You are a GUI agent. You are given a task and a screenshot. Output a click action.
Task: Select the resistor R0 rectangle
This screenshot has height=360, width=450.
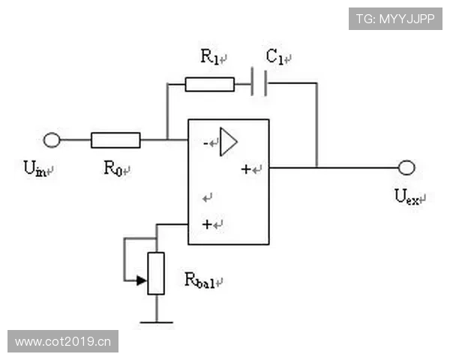[x=115, y=140]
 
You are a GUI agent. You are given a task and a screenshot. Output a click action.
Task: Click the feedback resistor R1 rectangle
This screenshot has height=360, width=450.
[x=210, y=85]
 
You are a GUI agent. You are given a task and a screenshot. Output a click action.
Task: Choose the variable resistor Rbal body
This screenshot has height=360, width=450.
[x=156, y=273]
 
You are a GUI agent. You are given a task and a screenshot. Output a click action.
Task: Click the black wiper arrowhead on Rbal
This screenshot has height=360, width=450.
[x=142, y=280]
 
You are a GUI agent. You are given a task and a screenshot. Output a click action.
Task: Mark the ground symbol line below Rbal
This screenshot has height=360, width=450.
[x=157, y=322]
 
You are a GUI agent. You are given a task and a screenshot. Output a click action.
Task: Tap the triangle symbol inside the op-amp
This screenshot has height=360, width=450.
[x=229, y=142]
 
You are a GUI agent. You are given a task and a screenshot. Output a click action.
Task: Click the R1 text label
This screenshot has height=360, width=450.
[x=210, y=56]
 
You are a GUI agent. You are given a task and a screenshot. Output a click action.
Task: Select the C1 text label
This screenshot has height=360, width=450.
[x=275, y=56]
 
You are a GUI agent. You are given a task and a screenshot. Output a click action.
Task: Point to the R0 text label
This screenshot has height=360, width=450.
[x=113, y=168]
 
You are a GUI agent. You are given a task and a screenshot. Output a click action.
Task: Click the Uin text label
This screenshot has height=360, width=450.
[x=34, y=168]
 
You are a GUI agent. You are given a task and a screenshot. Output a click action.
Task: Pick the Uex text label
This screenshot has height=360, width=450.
[x=406, y=196]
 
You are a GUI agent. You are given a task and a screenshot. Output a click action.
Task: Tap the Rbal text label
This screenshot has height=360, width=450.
[x=199, y=280]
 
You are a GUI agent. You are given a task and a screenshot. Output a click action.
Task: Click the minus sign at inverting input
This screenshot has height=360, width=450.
[x=205, y=143]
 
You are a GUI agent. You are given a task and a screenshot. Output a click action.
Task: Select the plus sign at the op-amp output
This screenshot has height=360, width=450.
[x=246, y=169]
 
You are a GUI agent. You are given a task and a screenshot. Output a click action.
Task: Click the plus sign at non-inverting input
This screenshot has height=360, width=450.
[x=207, y=224]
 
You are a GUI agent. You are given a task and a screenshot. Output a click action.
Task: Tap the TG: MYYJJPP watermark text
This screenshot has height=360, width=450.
[x=395, y=19]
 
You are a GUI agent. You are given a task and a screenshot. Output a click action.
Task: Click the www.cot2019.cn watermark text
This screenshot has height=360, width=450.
[x=63, y=342]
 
